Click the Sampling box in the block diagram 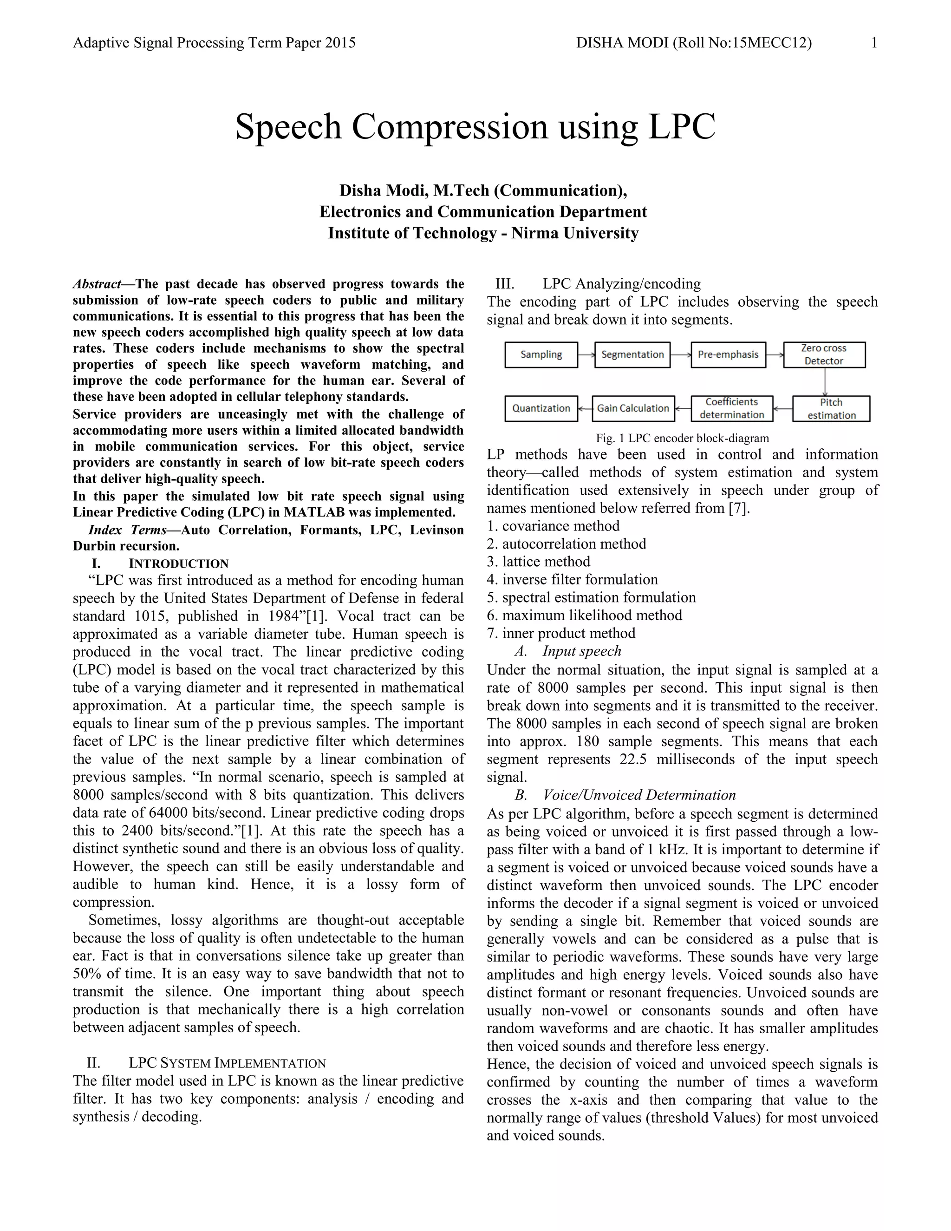click(x=541, y=354)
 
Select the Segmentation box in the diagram click(x=632, y=354)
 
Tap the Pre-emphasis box click(x=728, y=354)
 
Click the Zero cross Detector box click(x=824, y=354)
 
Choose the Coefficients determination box click(x=732, y=408)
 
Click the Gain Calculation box click(x=633, y=408)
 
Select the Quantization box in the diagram click(x=541, y=408)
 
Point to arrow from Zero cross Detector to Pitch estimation click(x=825, y=381)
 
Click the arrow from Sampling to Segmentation click(x=586, y=355)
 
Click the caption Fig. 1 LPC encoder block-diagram click(x=682, y=438)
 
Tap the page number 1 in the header click(x=874, y=43)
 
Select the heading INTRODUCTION click(x=179, y=563)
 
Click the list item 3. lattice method click(x=539, y=562)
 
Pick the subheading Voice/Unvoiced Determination click(x=639, y=795)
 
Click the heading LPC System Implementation click(x=227, y=1063)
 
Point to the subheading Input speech click(x=581, y=650)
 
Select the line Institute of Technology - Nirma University click(x=483, y=233)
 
